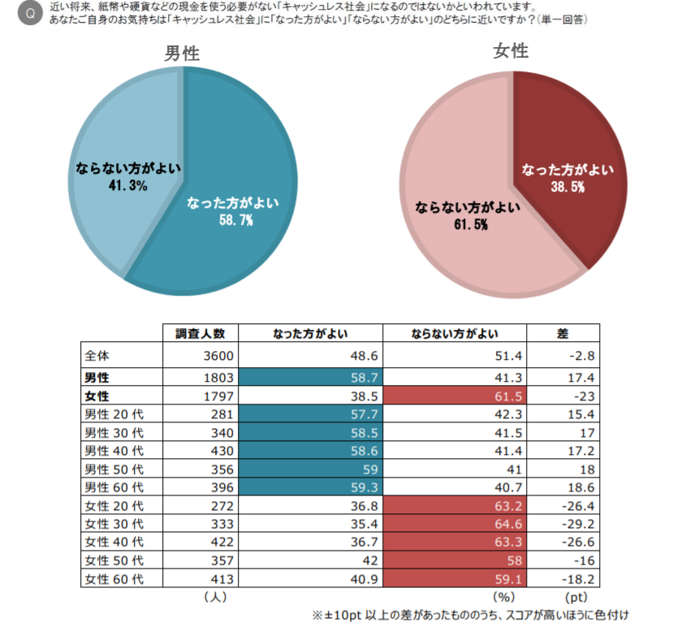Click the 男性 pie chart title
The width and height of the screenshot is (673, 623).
click(x=182, y=54)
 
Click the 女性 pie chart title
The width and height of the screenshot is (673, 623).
click(x=511, y=51)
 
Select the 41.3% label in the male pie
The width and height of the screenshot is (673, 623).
click(x=127, y=186)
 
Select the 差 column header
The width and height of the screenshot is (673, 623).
click(x=563, y=334)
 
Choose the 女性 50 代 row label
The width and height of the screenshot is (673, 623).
click(x=114, y=561)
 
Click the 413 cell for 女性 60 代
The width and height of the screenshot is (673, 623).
click(x=222, y=580)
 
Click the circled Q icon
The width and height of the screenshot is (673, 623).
click(x=31, y=12)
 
